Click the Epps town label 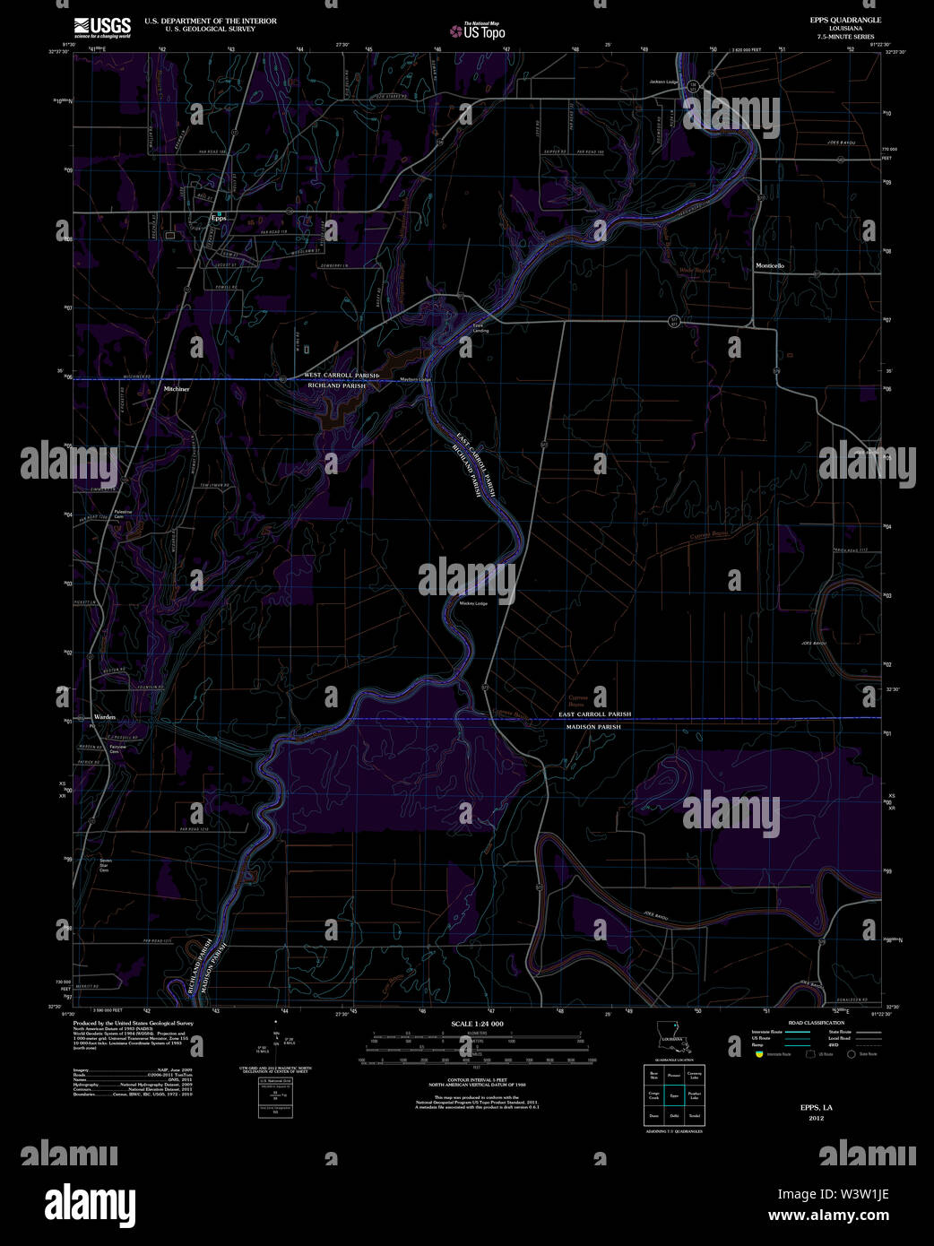pos(219,218)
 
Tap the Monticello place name pos(769,266)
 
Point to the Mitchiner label pos(177,389)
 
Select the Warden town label pos(105,718)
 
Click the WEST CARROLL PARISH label pos(342,375)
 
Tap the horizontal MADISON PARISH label pos(593,727)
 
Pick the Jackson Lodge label pos(665,82)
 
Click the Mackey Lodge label pos(473,603)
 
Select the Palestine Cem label pos(122,515)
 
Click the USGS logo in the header pos(102,26)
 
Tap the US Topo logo pos(478,31)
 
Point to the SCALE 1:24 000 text pos(477,1024)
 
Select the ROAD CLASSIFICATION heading pos(816,1023)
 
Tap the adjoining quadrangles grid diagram pos(674,1095)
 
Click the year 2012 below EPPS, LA pos(816,1118)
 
